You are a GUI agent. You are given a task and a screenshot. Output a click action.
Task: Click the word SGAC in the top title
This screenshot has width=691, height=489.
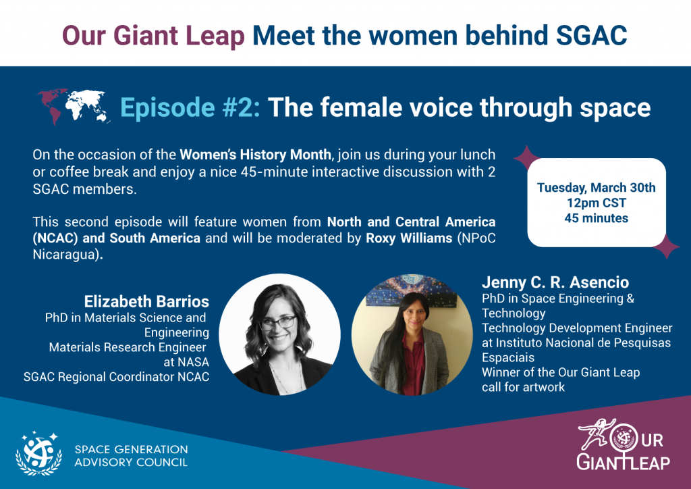[591, 35]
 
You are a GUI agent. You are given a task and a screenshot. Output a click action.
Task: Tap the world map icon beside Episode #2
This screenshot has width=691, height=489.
[74, 106]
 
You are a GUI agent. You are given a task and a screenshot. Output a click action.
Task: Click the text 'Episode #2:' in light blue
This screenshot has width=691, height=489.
[190, 107]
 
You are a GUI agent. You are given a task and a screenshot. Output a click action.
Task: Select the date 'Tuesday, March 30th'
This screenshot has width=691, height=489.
[597, 187]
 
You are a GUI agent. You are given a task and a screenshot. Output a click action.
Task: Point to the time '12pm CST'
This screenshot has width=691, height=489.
[597, 203]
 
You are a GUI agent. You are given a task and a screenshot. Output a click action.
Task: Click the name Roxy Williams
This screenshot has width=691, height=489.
[409, 238]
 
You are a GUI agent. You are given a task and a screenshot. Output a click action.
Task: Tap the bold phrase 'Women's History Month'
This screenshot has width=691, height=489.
[256, 155]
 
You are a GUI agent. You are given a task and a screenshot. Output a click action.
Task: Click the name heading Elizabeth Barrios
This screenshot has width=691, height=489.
[146, 302]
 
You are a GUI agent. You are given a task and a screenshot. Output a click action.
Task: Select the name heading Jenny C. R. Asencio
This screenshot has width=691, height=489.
[555, 282]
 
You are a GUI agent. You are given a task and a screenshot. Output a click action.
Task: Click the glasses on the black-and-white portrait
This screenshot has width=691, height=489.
[277, 323]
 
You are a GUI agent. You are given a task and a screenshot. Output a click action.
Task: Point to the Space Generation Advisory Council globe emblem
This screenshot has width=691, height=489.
[38, 454]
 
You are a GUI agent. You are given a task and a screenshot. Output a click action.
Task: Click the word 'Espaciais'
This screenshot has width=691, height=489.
[508, 357]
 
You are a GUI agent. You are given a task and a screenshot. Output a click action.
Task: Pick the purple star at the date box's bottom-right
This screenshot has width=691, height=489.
[666, 247]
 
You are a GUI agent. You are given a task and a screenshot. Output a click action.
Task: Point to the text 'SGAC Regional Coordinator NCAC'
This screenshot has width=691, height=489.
[116, 377]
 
